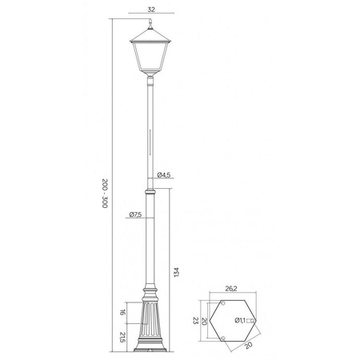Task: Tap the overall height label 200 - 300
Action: [105, 193]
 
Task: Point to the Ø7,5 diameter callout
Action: [135, 214]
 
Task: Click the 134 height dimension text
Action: [176, 272]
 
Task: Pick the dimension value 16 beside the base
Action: [122, 313]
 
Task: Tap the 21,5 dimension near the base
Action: [122, 336]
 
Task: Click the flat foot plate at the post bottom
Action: [150, 352]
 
